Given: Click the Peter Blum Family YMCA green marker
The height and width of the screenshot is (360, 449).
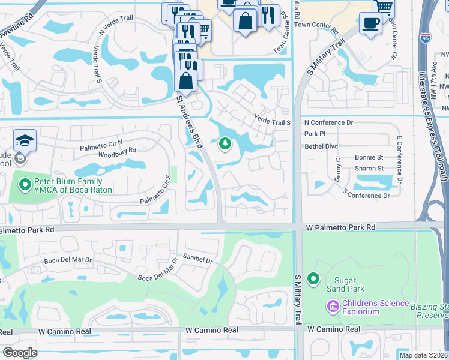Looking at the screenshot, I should coord(25,185).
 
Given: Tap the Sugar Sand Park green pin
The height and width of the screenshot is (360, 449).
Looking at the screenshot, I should coord(313,278).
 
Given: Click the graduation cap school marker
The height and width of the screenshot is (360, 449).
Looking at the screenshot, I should coord(25,140).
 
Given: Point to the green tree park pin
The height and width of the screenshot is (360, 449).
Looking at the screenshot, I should coord(225,143).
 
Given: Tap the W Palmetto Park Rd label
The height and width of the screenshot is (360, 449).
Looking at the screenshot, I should coord(340,228).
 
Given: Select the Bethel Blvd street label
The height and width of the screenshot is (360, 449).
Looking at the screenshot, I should coord(321,146).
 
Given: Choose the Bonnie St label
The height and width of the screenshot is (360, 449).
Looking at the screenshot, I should coord(369,157).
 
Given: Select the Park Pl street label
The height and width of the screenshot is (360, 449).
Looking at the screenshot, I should coord(315,134).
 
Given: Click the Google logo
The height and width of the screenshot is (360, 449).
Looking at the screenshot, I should coord(20,353).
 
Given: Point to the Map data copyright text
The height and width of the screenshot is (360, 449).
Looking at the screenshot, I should coord(423,355).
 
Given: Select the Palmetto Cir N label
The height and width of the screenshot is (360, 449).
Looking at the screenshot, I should coord(101,143).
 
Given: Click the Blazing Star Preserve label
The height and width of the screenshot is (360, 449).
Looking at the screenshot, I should coord(430,310).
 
